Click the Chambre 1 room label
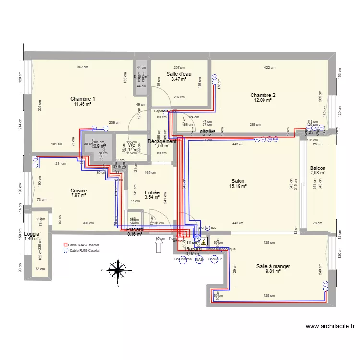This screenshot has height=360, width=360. pos(83,99)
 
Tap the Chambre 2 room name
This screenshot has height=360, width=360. pos(263,95)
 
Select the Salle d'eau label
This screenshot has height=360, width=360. pos(179,74)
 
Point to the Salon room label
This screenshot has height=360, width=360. pos(238,181)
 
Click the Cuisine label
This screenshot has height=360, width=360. pos(78,191)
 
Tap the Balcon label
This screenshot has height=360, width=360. pos(318,168)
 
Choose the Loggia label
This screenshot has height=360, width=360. pos(32,234)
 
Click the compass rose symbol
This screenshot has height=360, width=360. pos(116,270)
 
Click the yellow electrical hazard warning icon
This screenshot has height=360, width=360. pos(203,242)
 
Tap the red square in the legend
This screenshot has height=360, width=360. pos(65,245)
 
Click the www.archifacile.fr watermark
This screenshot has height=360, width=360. pos(330,326)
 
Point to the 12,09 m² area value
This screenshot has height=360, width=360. pos(263,100)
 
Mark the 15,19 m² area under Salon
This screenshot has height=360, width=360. pos(238,187)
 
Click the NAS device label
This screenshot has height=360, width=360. pos(199,259)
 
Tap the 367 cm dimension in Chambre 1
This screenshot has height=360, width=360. pos(83,67)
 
